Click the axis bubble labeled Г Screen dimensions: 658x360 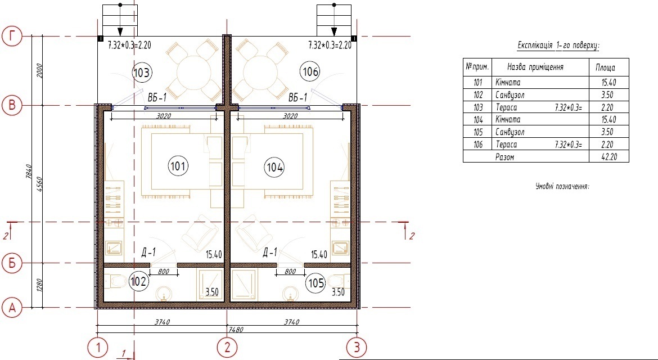point(12,37)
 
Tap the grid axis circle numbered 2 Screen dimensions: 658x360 point(227,348)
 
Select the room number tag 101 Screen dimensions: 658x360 point(178,166)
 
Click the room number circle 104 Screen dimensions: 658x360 point(274,168)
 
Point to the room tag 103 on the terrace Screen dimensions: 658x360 point(141,73)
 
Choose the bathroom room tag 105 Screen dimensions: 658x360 point(317,283)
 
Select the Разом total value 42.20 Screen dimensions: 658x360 point(609,157)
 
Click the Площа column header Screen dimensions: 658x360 point(605,67)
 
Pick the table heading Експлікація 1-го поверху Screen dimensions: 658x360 point(558,46)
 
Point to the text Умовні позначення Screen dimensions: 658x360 point(562,186)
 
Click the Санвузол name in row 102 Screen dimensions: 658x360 point(510,95)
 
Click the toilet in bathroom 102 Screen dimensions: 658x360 point(115,281)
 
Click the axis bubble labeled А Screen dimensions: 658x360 point(12,308)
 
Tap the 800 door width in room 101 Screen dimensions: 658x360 point(163,272)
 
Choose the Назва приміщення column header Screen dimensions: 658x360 point(535,67)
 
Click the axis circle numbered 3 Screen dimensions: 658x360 point(357,348)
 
